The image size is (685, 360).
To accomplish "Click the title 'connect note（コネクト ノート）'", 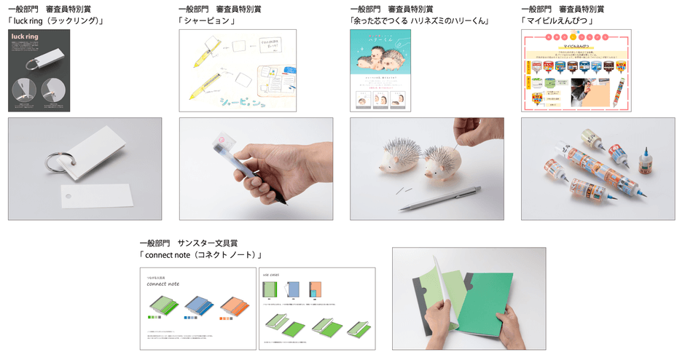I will [x=201, y=255].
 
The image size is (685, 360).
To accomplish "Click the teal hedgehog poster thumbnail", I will [x=380, y=70].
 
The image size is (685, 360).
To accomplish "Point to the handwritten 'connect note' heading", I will [x=163, y=283].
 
